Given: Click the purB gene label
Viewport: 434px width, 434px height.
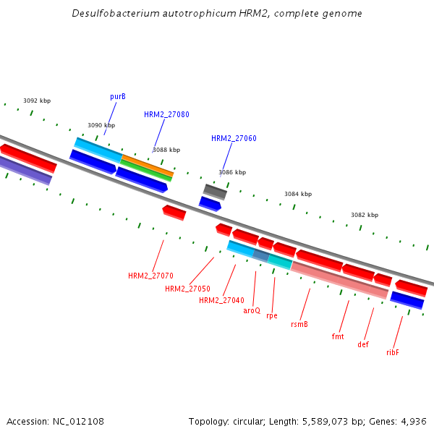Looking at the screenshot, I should coord(118,96).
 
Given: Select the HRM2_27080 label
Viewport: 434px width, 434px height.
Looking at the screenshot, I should coord(166,114).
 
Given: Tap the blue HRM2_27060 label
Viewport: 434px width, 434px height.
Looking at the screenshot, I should coord(234,138).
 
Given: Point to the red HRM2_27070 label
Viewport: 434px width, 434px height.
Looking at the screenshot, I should coord(150,276).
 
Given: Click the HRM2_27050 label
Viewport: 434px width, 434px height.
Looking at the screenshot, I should coord(187,289).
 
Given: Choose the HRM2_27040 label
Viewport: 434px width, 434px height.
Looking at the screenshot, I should coord(221,300).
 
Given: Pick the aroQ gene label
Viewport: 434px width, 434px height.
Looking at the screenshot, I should coord(252,310).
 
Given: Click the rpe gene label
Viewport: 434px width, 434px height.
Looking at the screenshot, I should coord(272,315).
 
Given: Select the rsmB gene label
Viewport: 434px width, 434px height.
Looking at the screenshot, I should coord(299,324).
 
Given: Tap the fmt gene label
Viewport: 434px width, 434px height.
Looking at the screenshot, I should coord(338,336).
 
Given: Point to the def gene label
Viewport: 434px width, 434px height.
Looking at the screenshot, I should coord(363,344).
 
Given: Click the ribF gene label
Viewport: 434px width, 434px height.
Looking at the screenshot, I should coord(393,352).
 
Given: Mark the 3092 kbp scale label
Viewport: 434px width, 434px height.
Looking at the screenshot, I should coord(37,101).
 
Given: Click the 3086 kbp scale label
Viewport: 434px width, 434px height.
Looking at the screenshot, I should coord(232,172).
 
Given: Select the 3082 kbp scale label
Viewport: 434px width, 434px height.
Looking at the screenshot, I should coord(365,215).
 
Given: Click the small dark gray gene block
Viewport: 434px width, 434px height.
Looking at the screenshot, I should coord(215,192).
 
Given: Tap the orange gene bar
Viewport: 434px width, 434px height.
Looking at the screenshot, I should coord(147,164).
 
